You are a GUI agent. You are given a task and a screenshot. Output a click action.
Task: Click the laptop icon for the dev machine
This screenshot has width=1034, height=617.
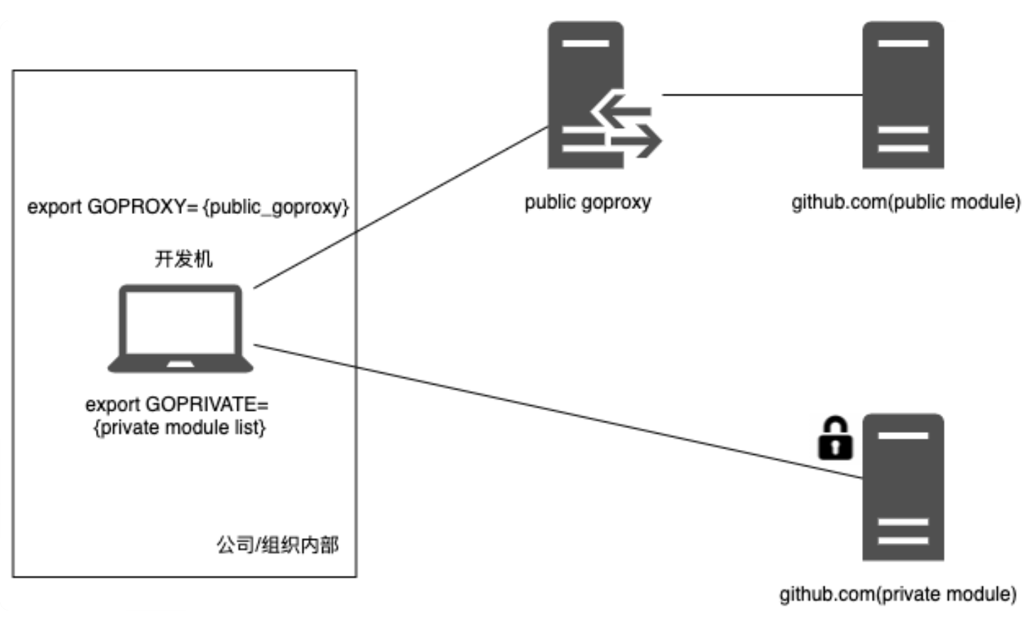(x=180, y=328)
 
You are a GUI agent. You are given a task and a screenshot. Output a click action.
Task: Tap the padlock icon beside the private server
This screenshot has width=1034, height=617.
(x=834, y=438)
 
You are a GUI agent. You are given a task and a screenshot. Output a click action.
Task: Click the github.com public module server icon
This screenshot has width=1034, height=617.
(x=903, y=95)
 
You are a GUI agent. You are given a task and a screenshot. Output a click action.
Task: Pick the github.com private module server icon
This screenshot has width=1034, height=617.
(x=903, y=488)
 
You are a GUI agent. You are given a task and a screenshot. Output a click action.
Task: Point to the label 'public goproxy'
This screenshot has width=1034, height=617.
(x=587, y=203)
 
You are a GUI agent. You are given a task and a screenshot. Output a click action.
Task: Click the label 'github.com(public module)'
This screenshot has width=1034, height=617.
(x=905, y=203)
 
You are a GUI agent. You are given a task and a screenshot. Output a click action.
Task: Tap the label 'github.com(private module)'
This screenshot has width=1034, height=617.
(x=898, y=594)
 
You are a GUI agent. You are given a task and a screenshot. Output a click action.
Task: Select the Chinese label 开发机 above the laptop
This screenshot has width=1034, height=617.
(x=183, y=259)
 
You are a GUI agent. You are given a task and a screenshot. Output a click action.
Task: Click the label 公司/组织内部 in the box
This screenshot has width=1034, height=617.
(x=278, y=545)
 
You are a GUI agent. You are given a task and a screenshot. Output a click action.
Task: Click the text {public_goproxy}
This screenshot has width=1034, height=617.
(x=276, y=208)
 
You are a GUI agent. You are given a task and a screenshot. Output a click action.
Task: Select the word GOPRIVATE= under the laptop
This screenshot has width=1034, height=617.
(x=207, y=404)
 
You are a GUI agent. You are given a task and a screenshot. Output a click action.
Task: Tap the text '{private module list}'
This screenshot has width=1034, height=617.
(x=180, y=428)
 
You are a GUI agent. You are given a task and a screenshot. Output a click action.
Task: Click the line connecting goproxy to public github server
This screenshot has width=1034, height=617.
(x=760, y=95)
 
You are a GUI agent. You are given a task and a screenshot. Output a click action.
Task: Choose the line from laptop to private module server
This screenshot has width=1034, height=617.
(x=554, y=411)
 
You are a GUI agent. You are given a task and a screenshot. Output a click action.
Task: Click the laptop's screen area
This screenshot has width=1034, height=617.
(x=180, y=323)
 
